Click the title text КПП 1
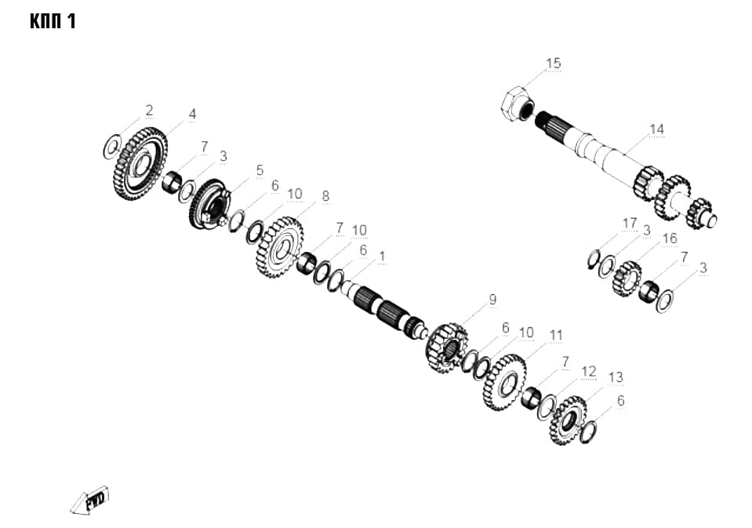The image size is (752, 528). tap(53, 22)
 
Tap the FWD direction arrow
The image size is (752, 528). tap(89, 501)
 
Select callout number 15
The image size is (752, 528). tap(553, 64)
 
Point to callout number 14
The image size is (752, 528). tap(656, 129)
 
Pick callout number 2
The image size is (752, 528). tap(149, 111)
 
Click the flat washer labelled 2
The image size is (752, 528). tap(112, 147)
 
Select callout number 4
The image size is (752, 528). tap(192, 115)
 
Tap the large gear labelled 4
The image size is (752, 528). tap(140, 164)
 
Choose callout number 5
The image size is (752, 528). tap(260, 170)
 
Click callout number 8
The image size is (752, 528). tap(325, 196)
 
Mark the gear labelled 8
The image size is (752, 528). tap(280, 247)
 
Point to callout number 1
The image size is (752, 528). tap(382, 257)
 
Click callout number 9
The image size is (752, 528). tap(492, 300)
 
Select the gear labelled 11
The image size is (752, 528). tap(504, 382)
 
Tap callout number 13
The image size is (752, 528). tap(616, 377)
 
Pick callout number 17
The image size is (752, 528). tap(630, 224)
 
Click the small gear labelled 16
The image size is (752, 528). tap(627, 279)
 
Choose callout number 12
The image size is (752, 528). tap(588, 372)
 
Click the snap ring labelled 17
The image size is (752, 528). tap(594, 260)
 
